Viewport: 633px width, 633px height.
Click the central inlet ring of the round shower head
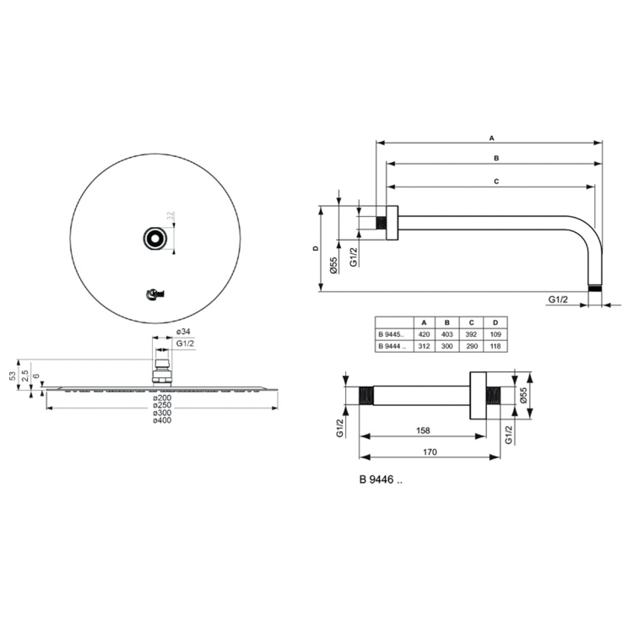pos(155,239)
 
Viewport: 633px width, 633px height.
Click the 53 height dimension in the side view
pos(13,373)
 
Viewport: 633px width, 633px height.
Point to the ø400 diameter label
pos(162,421)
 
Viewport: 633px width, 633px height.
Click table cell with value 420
pos(424,334)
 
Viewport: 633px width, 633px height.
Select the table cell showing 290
pos(472,346)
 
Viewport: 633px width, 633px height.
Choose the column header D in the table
pos(495,322)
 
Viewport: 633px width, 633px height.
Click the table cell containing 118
pos(495,346)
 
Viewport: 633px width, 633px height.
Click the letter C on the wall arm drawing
pos(496,181)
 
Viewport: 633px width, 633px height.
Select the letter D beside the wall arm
pos(313,248)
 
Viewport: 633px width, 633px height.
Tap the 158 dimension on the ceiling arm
pos(423,430)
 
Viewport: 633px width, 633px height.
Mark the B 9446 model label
pos(381,481)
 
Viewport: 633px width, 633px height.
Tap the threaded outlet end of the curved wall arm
pos(598,289)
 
